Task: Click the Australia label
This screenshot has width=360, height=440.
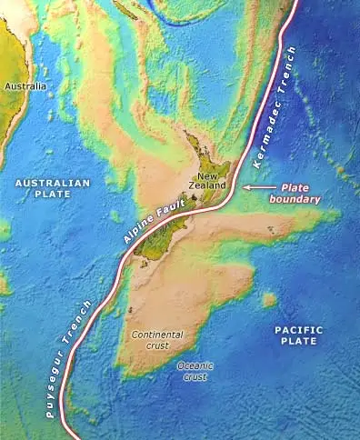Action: click(25, 86)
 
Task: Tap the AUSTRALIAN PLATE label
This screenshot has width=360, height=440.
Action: click(53, 188)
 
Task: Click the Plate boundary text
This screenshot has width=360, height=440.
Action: click(299, 190)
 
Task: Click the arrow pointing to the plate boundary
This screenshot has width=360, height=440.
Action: click(256, 185)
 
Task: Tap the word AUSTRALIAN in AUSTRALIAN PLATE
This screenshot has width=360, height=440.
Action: click(53, 183)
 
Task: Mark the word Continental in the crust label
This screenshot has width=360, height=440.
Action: click(157, 335)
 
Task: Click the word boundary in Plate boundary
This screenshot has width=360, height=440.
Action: click(299, 196)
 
